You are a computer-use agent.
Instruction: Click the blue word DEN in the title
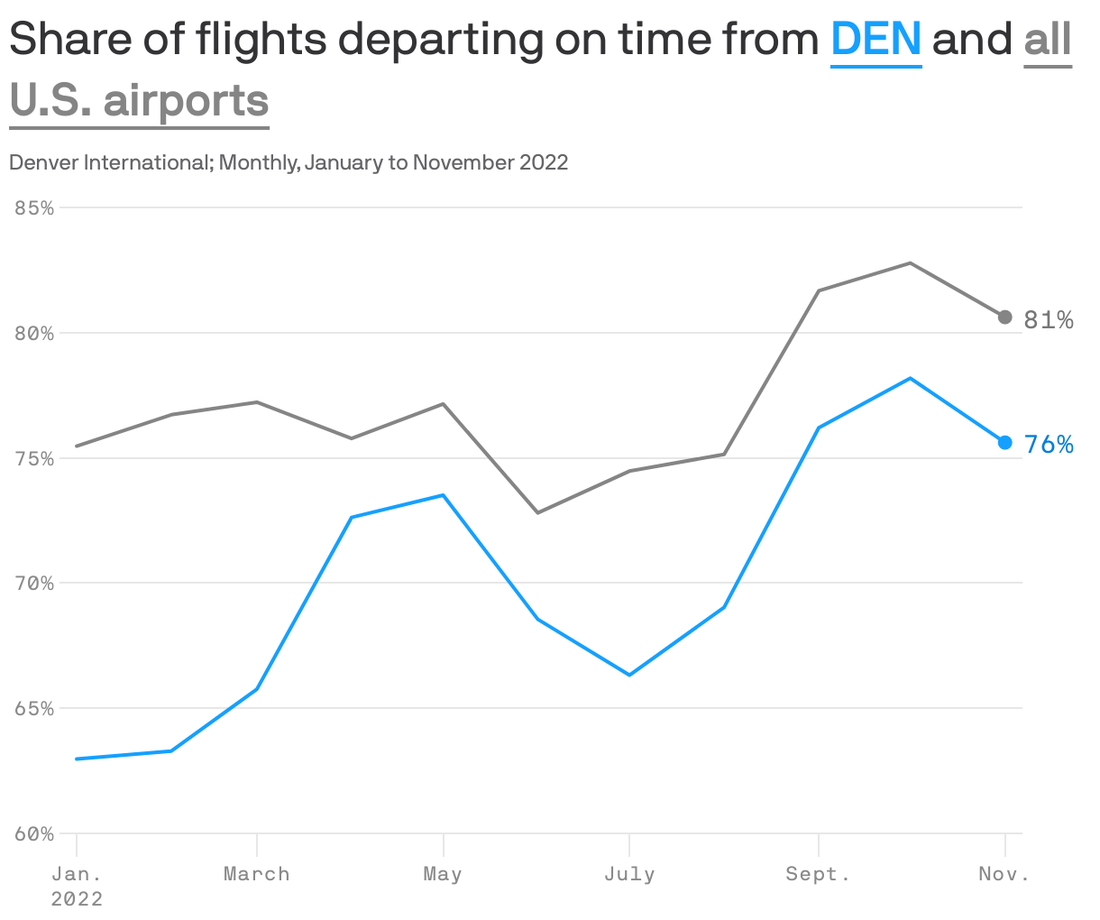tap(875, 40)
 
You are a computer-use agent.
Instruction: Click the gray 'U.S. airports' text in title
tap(140, 100)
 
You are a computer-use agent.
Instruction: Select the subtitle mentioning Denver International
tap(289, 162)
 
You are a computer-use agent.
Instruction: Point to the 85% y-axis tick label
tap(34, 207)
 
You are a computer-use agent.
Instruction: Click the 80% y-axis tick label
tap(34, 333)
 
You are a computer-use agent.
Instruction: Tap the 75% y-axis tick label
tap(34, 458)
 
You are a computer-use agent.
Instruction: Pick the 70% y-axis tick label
tap(34, 584)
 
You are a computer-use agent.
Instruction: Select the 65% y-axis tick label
tap(34, 709)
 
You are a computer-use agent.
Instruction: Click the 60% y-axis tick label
tap(34, 834)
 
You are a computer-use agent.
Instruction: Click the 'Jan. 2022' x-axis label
tap(77, 885)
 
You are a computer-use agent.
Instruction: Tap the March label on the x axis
tap(257, 874)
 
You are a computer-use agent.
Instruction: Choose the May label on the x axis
tap(443, 874)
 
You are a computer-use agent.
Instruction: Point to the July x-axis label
tap(629, 874)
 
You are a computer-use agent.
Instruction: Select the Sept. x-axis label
tap(818, 874)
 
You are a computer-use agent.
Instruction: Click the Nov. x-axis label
tap(1004, 874)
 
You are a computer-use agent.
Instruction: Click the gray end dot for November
tap(1005, 317)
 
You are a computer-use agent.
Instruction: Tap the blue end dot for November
tap(1005, 443)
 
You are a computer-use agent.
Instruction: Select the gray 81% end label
tap(1049, 320)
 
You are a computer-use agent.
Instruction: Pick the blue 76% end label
tap(1049, 445)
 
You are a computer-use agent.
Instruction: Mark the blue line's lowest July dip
tap(629, 675)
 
